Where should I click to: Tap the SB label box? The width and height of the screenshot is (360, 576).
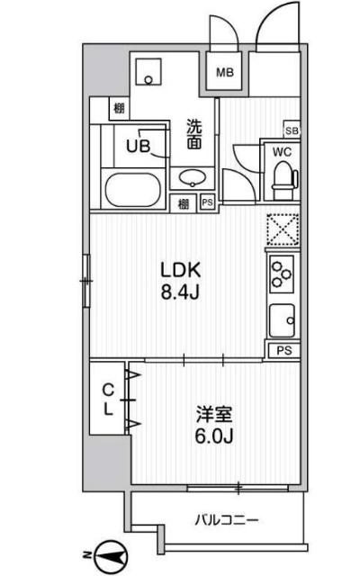291,129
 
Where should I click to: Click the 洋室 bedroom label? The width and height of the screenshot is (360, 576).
215,416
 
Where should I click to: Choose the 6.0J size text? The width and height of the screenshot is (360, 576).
215,437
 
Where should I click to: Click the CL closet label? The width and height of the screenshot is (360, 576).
107,400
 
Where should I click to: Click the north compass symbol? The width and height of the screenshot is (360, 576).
109,557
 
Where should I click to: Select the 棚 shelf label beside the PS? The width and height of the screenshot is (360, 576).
184,202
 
